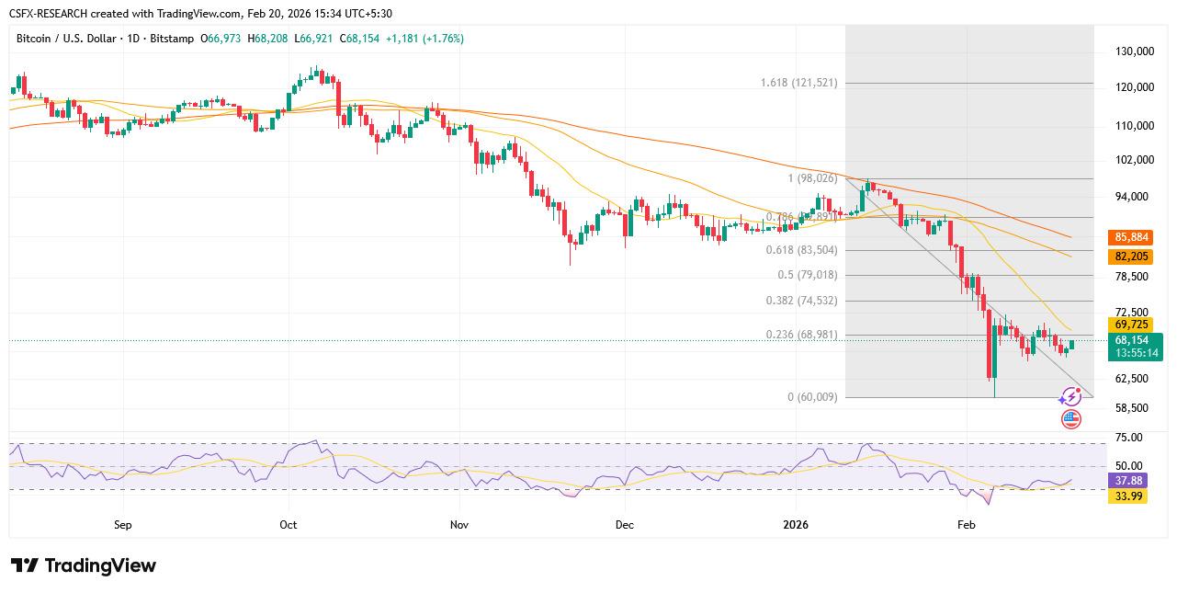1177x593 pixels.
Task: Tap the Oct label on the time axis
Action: click(x=288, y=525)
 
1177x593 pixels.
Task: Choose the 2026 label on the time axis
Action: click(x=796, y=525)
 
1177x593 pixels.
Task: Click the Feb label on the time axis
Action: click(x=966, y=525)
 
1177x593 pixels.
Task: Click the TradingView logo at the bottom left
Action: click(x=84, y=565)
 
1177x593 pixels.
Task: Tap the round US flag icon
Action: click(x=1071, y=419)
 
